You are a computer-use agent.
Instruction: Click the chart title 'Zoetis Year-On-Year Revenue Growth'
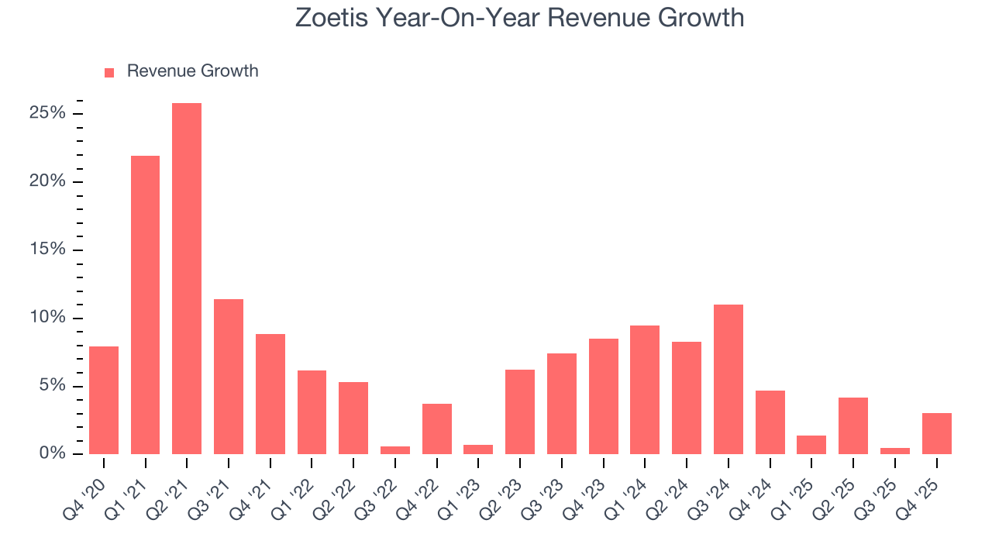click(519, 17)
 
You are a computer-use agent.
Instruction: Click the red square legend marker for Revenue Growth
click(109, 72)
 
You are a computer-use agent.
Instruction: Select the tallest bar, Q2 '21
click(187, 278)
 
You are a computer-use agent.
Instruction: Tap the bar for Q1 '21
click(145, 305)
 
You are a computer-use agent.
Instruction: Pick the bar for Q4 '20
click(104, 400)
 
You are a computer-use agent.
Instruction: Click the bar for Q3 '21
click(229, 377)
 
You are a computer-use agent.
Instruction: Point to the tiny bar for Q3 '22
click(395, 449)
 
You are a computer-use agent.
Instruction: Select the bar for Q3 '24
click(728, 379)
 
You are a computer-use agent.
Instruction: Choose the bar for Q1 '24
click(645, 390)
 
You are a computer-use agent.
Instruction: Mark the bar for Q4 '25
click(936, 433)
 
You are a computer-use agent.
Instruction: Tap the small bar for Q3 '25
click(895, 450)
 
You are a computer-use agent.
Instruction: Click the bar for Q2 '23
click(520, 412)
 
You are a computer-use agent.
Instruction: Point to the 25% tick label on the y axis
click(48, 114)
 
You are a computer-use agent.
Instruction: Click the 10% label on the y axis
click(48, 318)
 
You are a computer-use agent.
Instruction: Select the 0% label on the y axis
click(52, 453)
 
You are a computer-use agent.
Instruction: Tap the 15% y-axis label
click(48, 250)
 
